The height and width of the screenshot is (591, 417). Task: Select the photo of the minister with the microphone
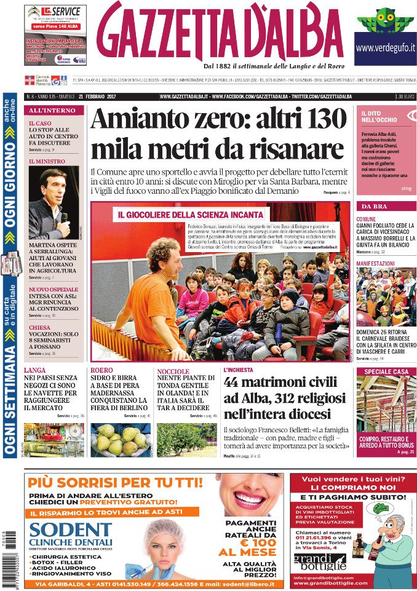click(x=53, y=202)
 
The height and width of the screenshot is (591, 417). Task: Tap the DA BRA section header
click(x=374, y=206)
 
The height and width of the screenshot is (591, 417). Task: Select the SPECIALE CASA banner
click(x=386, y=371)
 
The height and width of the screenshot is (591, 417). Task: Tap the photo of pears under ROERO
click(x=120, y=440)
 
